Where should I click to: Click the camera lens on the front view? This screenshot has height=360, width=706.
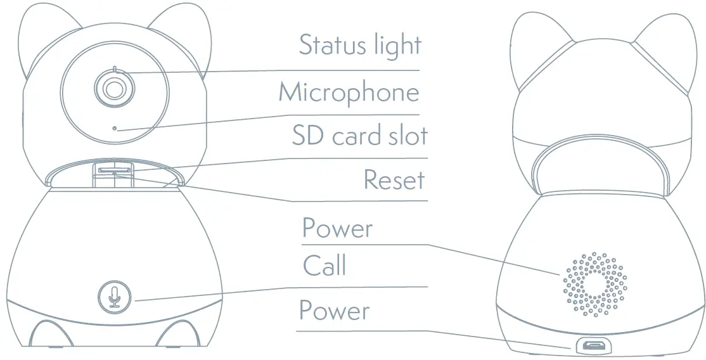113,89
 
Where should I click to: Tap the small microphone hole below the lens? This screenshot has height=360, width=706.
115,128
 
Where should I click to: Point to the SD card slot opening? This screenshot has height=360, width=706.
114,169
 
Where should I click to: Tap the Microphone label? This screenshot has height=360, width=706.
349,93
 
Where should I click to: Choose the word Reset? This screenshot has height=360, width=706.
394,181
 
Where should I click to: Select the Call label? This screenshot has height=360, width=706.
324,266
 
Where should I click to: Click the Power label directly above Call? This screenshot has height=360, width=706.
337,228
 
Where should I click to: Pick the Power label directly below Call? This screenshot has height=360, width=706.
335,311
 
